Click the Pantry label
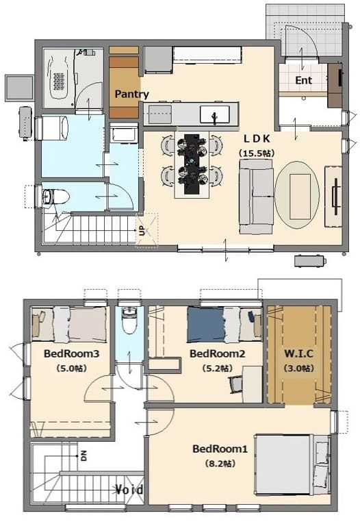pos(131,95)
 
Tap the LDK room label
pos(257,138)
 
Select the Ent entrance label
pos(303,81)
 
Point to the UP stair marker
pos(142,231)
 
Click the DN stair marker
pos(83,456)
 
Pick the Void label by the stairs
pos(130,490)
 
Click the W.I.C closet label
pos(298,353)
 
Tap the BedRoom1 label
pos(220,449)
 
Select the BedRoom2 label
pos(217,353)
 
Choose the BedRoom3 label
pos(71,353)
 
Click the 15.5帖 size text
pos(257,153)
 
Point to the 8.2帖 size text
pos(220,464)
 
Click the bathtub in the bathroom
pos(59,77)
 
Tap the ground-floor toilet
pos(55,196)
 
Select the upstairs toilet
pos(129,320)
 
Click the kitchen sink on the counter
pos(215,114)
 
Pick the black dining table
pos(192,164)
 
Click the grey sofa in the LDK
pos(256,196)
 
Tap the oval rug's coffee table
pos(297,196)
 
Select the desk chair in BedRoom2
pos(235,384)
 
